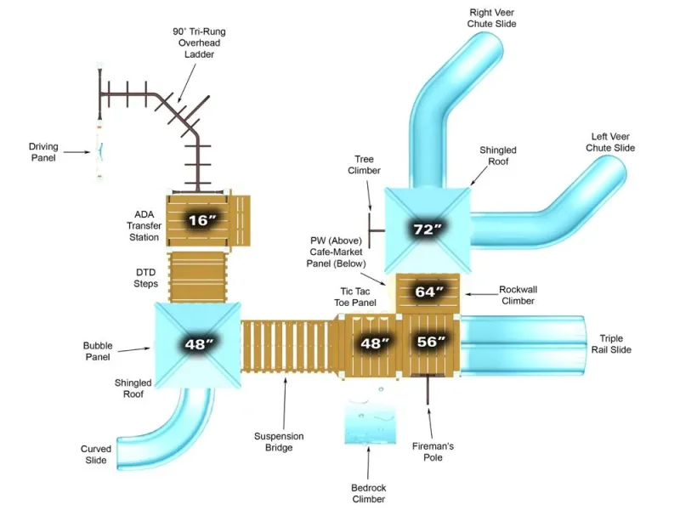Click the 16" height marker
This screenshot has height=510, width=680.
click(x=201, y=220)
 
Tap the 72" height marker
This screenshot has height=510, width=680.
click(x=428, y=229)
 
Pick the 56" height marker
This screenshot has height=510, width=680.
click(x=431, y=342)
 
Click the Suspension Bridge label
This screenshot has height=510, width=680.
click(x=279, y=442)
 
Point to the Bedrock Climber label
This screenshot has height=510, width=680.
click(x=369, y=494)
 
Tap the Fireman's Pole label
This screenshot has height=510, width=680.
click(x=433, y=451)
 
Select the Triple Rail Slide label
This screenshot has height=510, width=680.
click(x=611, y=344)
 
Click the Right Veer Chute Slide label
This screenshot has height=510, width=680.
click(x=492, y=18)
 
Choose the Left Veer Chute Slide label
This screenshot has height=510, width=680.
click(x=610, y=142)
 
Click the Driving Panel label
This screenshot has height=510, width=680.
click(x=43, y=152)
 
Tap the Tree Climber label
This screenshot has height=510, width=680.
click(x=365, y=165)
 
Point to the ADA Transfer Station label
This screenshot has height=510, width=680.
click(x=144, y=226)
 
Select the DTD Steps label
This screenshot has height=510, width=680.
click(x=145, y=278)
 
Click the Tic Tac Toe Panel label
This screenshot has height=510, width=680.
click(x=355, y=297)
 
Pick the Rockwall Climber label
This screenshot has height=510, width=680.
click(x=518, y=295)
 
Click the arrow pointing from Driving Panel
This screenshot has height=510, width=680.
click(x=76, y=152)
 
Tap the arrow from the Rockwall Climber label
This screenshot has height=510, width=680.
click(x=481, y=294)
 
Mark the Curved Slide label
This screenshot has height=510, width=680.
click(x=96, y=455)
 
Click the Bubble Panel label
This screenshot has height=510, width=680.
click(x=98, y=351)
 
